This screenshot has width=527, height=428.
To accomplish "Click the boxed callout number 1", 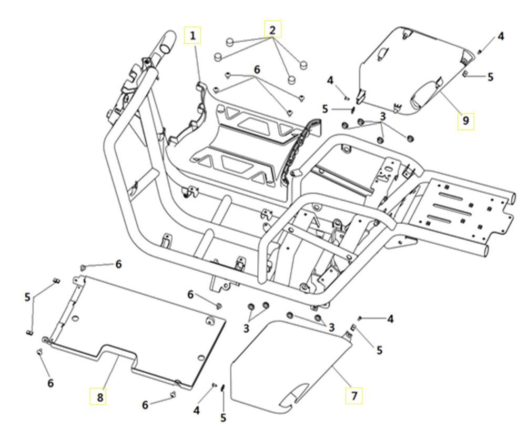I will pos(193,36).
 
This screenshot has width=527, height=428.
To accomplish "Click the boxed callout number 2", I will pos(272,29).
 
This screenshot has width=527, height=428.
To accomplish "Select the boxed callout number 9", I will pos(465,121).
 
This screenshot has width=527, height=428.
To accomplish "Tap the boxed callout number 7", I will pos(353,395).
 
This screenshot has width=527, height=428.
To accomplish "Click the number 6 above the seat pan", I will pos(257,69).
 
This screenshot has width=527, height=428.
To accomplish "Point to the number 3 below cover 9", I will pos(383,115).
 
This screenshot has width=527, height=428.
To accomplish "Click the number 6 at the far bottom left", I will pos(50,383).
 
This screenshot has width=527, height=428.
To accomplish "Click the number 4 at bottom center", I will pos(197,410).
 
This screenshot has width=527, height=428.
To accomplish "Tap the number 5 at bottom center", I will pos(224,418).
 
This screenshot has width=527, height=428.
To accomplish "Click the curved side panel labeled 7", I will pos(289,363).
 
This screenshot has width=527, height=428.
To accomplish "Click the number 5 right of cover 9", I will pos(490,77).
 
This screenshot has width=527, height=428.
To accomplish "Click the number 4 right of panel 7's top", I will pos(390,319).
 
